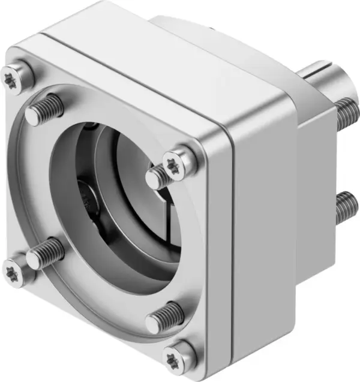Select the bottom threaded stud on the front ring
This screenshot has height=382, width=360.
click(163, 315)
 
